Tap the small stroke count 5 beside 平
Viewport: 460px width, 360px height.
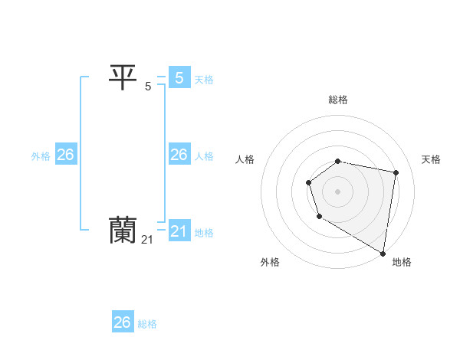[148, 87]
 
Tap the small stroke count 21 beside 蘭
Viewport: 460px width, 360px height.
[148, 240]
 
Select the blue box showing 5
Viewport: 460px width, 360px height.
[179, 77]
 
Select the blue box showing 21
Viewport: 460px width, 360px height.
[179, 231]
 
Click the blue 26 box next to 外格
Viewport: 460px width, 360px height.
[65, 155]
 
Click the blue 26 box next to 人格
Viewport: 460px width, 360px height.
[179, 155]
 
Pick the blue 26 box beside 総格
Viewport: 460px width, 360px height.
[123, 322]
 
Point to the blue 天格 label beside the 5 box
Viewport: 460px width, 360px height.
[204, 79]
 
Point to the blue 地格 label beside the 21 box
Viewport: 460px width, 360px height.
[204, 233]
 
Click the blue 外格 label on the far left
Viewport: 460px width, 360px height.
[41, 156]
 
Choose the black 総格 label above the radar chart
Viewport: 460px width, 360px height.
[338, 100]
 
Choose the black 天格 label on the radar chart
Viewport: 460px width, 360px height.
[431, 159]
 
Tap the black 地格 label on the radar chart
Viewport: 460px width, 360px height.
[402, 262]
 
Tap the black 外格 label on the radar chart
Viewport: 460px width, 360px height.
[270, 262]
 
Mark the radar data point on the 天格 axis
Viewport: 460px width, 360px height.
[396, 172]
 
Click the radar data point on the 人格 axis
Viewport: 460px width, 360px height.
[308, 182]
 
